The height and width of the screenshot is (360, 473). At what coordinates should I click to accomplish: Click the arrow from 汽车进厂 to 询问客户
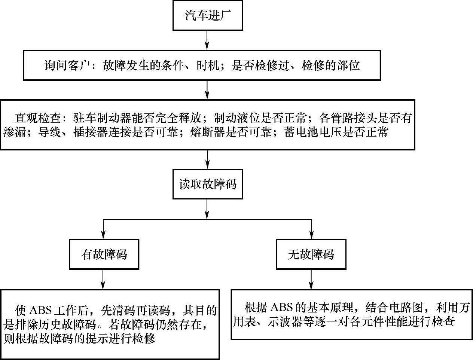(207, 40)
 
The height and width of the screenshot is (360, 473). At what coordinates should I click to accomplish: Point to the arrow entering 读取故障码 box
(207, 159)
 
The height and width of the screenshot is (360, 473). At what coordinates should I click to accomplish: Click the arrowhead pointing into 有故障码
(103, 235)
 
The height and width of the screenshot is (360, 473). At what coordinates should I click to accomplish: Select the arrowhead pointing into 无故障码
(312, 235)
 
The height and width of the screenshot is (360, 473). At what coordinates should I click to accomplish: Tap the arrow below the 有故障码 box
(103, 280)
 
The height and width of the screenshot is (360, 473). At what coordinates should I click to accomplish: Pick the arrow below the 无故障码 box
(311, 280)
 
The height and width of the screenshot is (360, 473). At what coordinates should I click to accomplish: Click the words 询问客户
(67, 65)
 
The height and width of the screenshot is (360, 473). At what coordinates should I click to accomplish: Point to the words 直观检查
(38, 118)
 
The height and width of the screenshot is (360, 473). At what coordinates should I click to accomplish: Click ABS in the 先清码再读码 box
(40, 311)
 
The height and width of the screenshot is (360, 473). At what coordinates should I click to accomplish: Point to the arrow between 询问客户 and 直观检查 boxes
(207, 90)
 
